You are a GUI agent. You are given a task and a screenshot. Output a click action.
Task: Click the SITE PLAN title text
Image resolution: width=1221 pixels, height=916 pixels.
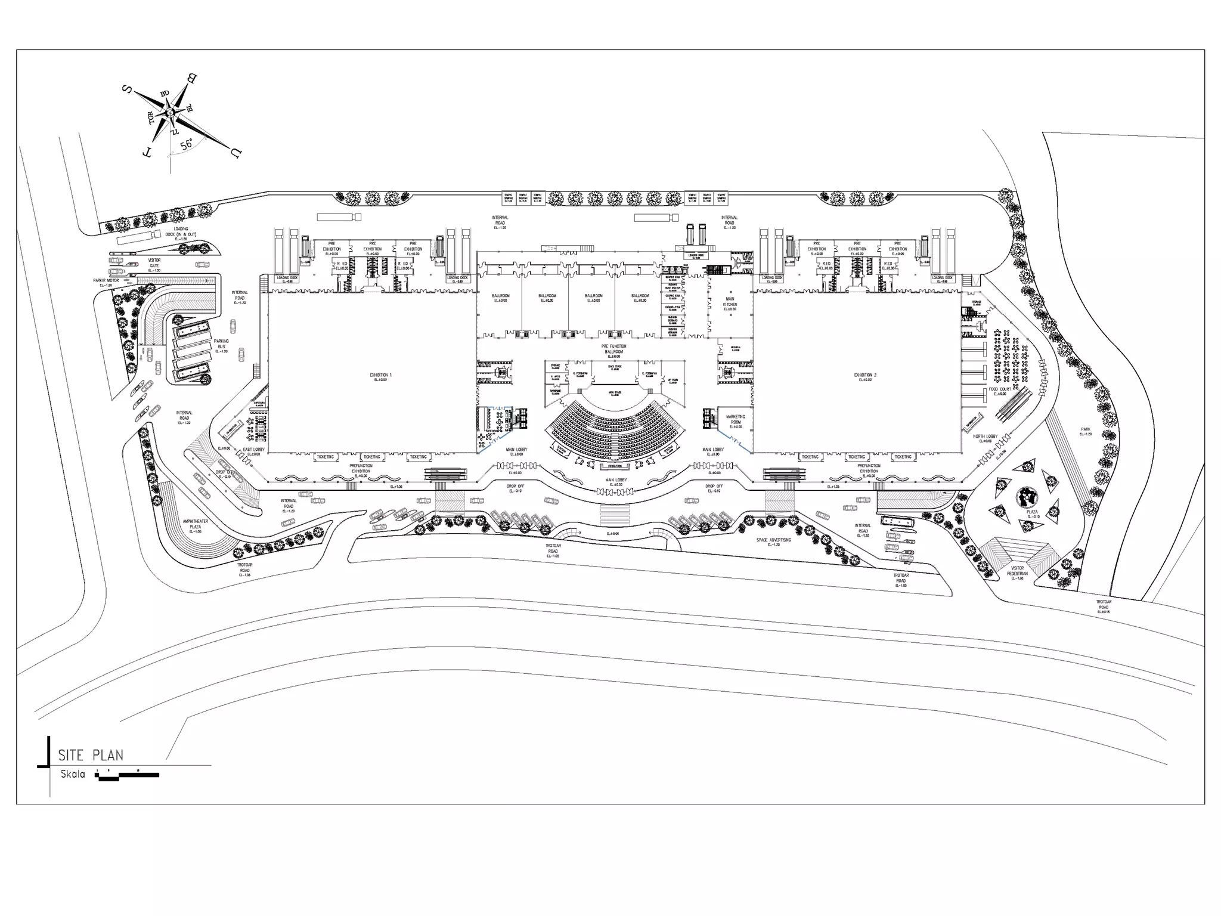(91, 755)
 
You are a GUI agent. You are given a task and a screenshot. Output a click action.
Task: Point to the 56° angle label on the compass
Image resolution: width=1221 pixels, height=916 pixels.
(187, 144)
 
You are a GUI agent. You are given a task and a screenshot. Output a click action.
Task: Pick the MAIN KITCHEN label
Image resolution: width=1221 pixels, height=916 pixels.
(730, 303)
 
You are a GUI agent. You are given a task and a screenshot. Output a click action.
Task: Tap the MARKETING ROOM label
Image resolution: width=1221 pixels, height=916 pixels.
(735, 420)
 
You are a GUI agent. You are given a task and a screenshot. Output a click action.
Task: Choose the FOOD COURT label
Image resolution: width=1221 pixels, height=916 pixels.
(1000, 390)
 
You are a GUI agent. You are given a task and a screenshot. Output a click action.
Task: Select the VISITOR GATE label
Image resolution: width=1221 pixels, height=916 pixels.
(154, 264)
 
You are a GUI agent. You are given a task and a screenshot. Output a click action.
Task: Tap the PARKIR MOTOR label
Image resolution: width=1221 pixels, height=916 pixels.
(106, 281)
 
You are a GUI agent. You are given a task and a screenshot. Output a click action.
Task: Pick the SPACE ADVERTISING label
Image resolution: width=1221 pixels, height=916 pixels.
(773, 541)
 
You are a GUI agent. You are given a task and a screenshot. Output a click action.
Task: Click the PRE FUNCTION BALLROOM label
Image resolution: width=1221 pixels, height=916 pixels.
(613, 349)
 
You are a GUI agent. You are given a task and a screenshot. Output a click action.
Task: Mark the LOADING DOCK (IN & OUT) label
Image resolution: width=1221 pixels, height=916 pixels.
(181, 232)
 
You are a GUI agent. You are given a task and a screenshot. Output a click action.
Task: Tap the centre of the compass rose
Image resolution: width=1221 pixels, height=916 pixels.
(171, 113)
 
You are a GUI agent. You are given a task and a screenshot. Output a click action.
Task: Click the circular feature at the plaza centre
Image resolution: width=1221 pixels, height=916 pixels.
(1027, 496)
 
